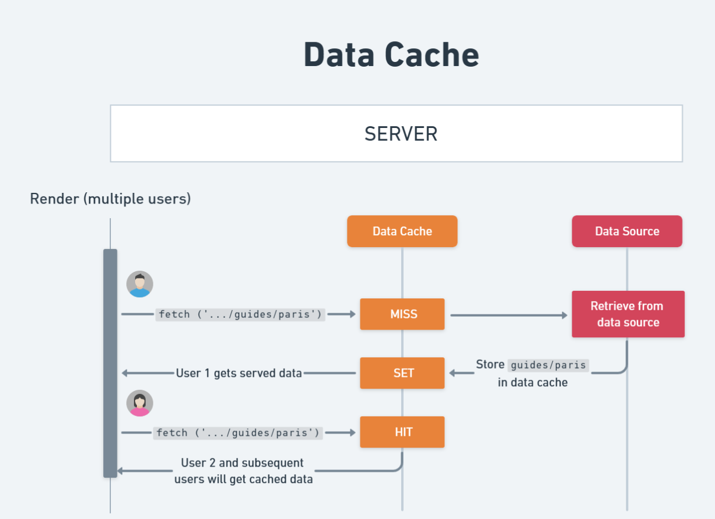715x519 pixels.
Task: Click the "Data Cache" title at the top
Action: tap(391, 55)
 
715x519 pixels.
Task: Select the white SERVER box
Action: tap(396, 133)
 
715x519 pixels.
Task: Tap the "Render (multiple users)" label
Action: tap(110, 199)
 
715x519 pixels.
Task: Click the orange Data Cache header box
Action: tap(402, 231)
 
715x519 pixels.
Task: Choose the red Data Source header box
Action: tap(627, 231)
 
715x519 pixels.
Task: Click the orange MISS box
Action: tap(402, 314)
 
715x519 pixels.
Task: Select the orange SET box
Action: tap(402, 373)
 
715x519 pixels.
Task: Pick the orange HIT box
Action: tap(402, 432)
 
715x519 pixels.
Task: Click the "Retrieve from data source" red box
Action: tap(628, 314)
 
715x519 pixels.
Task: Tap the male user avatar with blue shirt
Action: tap(140, 284)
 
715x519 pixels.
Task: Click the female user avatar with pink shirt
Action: tap(140, 403)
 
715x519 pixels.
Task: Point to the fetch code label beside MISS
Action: tap(240, 314)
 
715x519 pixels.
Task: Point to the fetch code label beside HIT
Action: tap(238, 433)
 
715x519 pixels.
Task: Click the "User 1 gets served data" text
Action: tap(239, 373)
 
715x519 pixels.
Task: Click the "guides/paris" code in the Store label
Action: tap(548, 365)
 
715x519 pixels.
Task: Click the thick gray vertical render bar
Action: tap(110, 363)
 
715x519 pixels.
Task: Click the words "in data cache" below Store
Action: tap(532, 382)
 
